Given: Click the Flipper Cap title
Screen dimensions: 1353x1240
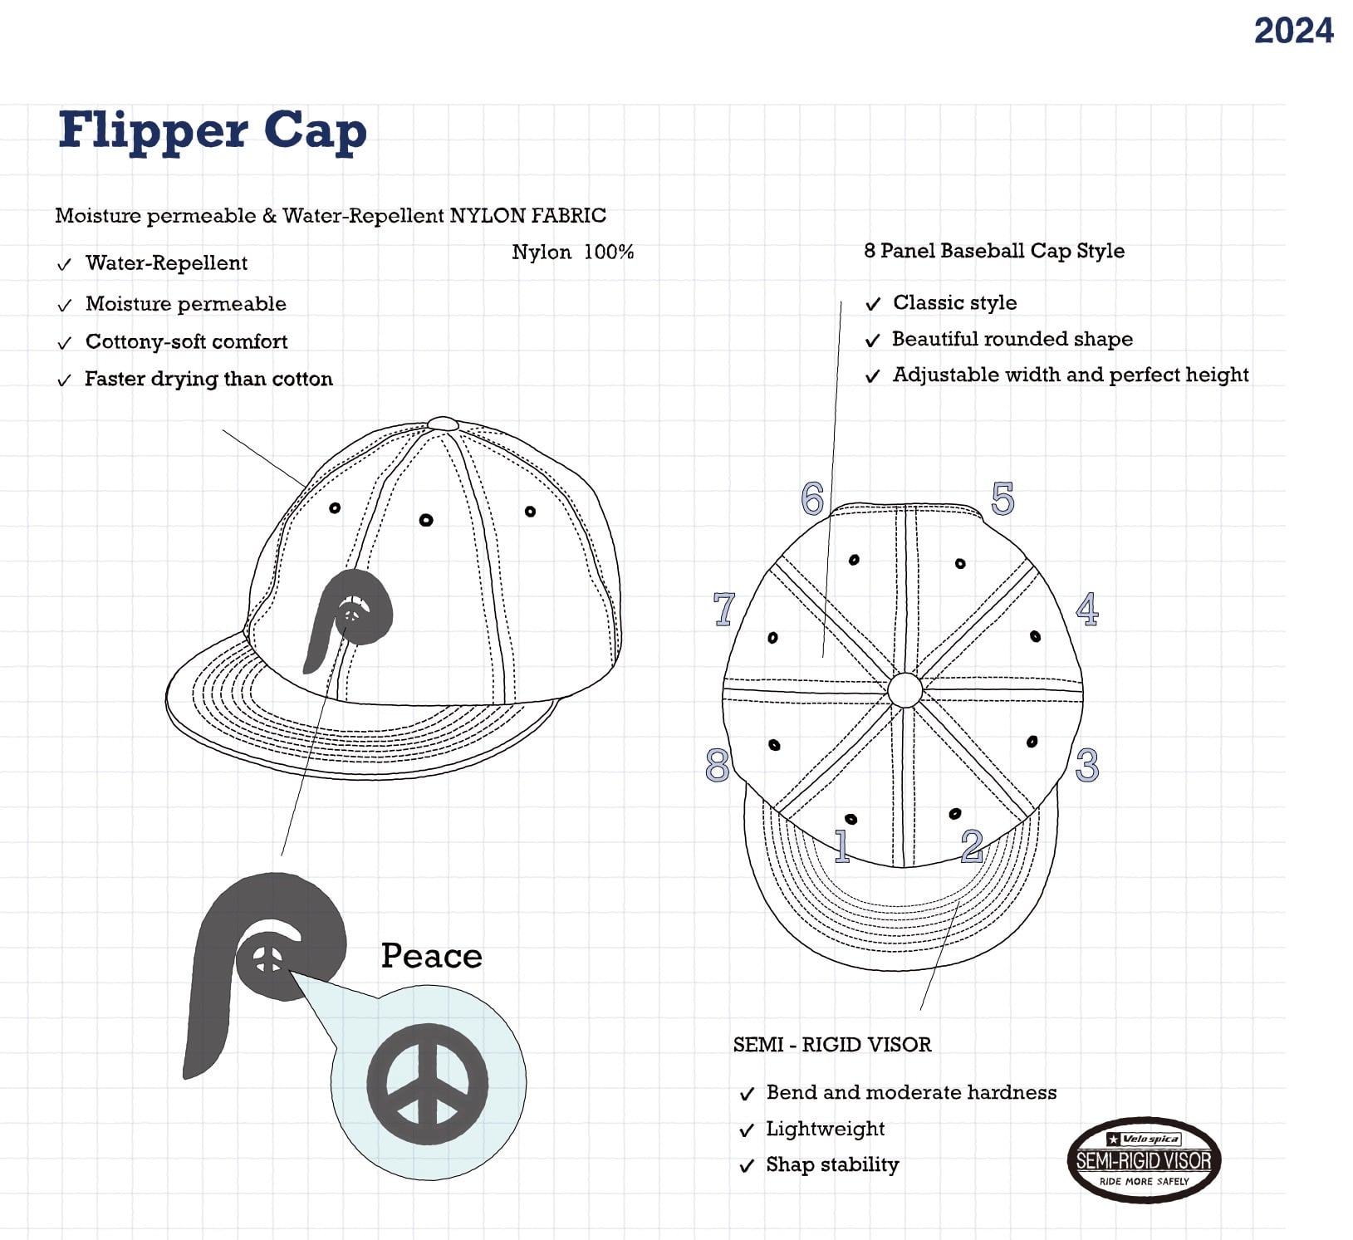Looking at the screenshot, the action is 213,131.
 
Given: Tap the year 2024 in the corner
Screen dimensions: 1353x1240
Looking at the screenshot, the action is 1293,32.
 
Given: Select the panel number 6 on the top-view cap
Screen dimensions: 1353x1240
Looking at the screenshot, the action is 812,498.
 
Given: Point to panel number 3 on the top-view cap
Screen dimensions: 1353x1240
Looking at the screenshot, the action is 1087,765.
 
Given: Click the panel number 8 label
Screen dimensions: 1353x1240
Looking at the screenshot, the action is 718,765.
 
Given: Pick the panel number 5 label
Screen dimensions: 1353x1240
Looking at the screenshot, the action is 1002,498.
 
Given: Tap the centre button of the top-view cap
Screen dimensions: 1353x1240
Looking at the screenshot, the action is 904,689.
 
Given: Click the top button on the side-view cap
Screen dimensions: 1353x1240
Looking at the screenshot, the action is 443,423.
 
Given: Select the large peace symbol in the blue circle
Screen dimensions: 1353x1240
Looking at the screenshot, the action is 428,1084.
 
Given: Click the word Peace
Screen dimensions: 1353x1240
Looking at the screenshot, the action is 431,956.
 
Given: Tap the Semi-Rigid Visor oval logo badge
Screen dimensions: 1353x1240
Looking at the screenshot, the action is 1144,1159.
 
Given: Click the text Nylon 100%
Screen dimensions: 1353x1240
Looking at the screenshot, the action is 572,252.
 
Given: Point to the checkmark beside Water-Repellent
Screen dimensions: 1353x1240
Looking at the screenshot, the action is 64,265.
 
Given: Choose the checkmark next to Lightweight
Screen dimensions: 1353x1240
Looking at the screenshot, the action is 747,1130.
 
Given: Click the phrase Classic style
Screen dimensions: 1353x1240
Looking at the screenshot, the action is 954,302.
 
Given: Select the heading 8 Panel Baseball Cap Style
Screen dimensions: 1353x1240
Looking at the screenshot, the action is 994,251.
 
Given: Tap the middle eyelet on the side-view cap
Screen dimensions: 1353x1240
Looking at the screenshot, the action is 426,520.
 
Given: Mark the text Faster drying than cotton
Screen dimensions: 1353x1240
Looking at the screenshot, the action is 208,379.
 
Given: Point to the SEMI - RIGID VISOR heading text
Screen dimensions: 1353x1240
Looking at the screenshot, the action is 832,1045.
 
